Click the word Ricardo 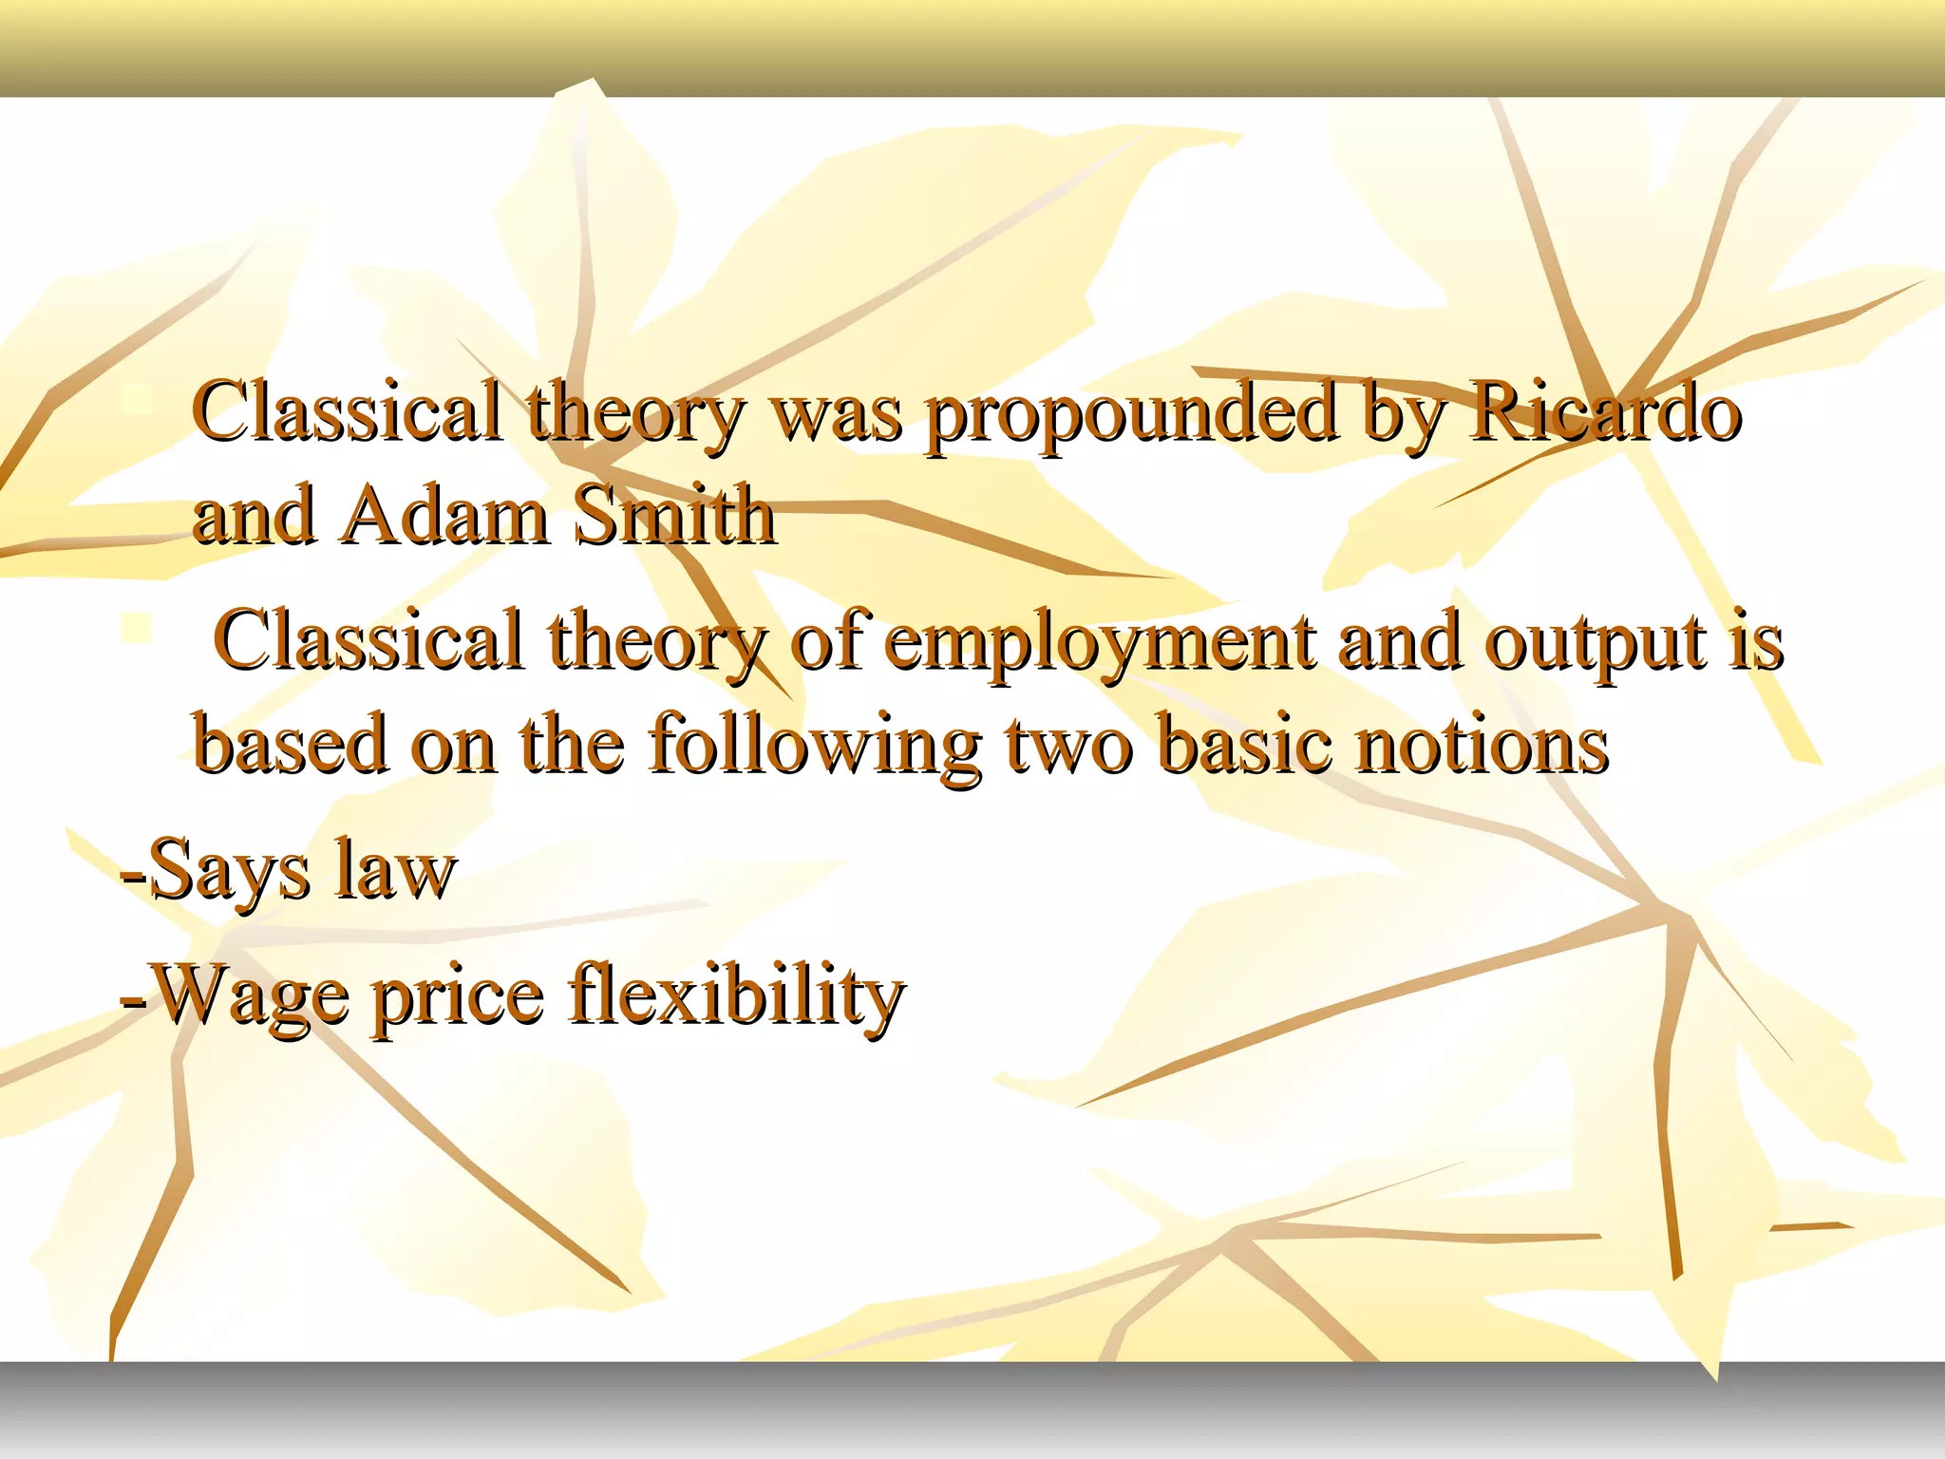pos(1605,414)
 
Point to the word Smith pos(675,518)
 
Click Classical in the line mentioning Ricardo pos(347,414)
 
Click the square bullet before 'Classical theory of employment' pos(138,628)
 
